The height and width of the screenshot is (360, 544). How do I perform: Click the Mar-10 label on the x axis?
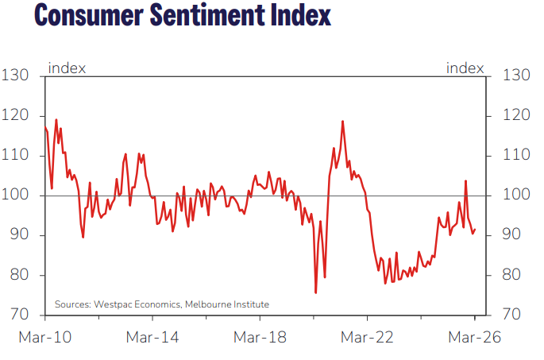[44, 337]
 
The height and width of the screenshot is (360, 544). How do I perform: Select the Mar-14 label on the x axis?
[152, 337]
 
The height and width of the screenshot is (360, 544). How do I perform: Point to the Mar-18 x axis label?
[260, 337]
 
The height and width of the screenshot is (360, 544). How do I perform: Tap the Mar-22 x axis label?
[368, 337]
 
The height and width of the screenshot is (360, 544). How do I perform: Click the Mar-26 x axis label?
[475, 337]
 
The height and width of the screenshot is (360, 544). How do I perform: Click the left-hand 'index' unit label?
[68, 68]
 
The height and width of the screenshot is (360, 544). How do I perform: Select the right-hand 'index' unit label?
[465, 68]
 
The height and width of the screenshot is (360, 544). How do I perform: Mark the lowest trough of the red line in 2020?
[316, 293]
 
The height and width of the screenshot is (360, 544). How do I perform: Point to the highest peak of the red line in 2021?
[342, 121]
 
